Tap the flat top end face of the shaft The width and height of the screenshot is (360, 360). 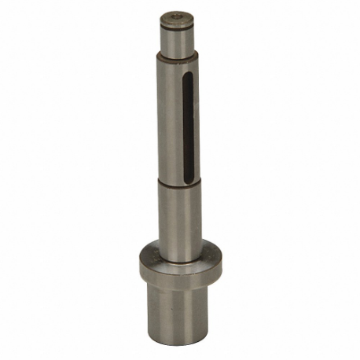174,17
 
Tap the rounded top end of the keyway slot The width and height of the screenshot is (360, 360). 188,75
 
